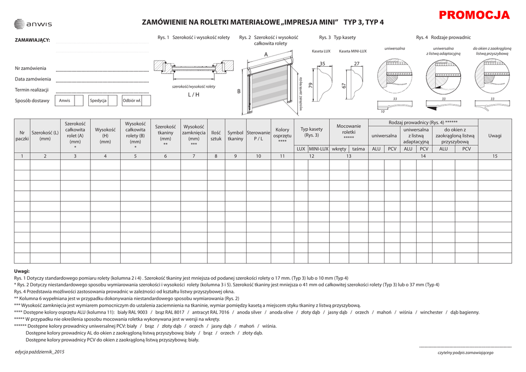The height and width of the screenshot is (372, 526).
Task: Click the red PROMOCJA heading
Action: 475,15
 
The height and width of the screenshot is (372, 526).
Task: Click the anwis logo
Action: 33,24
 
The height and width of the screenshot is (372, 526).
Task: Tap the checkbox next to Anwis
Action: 79,101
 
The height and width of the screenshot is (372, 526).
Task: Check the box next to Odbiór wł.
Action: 146,101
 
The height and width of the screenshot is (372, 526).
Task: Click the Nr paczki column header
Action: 22,135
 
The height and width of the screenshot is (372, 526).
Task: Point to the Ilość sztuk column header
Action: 216,135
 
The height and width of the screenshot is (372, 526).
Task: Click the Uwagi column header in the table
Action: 495,135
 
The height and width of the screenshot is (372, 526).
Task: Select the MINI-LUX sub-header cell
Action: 318,149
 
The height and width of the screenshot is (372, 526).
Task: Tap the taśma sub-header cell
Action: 359,149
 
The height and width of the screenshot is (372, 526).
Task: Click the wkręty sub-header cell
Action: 339,149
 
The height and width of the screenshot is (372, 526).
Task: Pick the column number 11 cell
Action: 283,156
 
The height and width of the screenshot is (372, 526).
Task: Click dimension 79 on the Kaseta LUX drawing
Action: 311,86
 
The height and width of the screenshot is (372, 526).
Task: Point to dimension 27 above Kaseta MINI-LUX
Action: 357,64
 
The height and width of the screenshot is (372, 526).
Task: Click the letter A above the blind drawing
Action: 266,54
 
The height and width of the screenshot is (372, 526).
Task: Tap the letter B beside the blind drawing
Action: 239,91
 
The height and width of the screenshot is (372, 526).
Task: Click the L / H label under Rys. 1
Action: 193,94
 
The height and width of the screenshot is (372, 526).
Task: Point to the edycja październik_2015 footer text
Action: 40,352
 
